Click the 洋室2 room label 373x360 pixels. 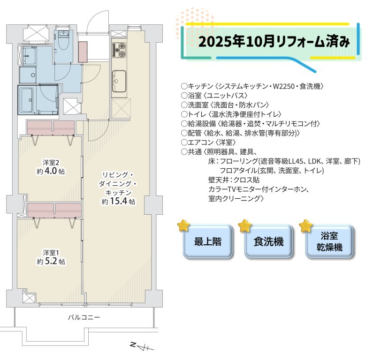coord(51,163)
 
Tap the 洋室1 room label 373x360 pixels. coord(51,252)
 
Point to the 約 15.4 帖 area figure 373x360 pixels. coord(118,202)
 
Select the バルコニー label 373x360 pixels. coord(84,317)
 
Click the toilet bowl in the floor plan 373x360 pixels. coord(63,42)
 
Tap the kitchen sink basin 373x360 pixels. coord(119,81)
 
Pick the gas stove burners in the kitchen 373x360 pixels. coord(119,50)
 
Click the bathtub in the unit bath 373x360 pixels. coord(27,100)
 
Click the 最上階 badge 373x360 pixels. coord(207,242)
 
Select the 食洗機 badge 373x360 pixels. coord(268,242)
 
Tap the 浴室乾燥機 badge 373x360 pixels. coord(329,242)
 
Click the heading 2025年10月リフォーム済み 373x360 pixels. coord(274,42)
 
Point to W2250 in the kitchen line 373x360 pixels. coord(283,86)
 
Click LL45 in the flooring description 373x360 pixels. coord(296,161)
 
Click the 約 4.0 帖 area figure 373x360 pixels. coord(51,171)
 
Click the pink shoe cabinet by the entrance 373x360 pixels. coord(83,52)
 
